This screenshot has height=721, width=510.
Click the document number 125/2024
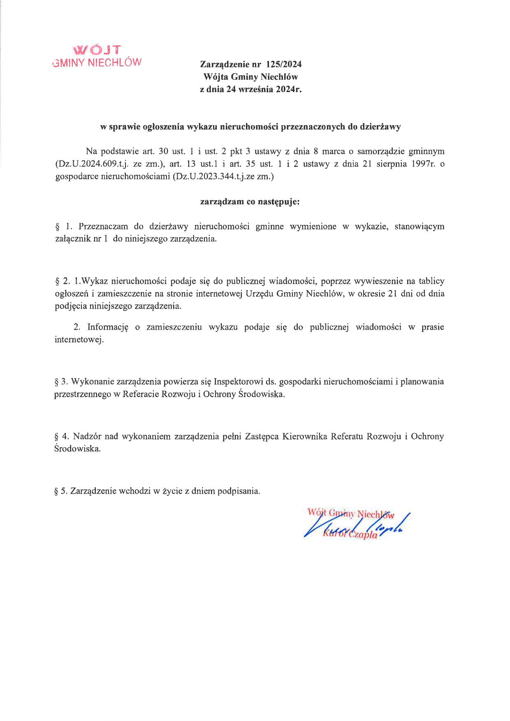284,64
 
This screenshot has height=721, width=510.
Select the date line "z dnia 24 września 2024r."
250,89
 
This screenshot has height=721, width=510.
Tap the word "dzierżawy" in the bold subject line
380,127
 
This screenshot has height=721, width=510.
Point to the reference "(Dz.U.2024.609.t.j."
92,164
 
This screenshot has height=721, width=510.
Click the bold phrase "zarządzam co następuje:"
250,202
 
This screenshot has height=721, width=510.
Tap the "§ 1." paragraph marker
64,226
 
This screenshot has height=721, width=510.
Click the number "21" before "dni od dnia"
392,293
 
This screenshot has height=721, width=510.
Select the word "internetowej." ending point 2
79,340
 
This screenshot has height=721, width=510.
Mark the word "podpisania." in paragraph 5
239,491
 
